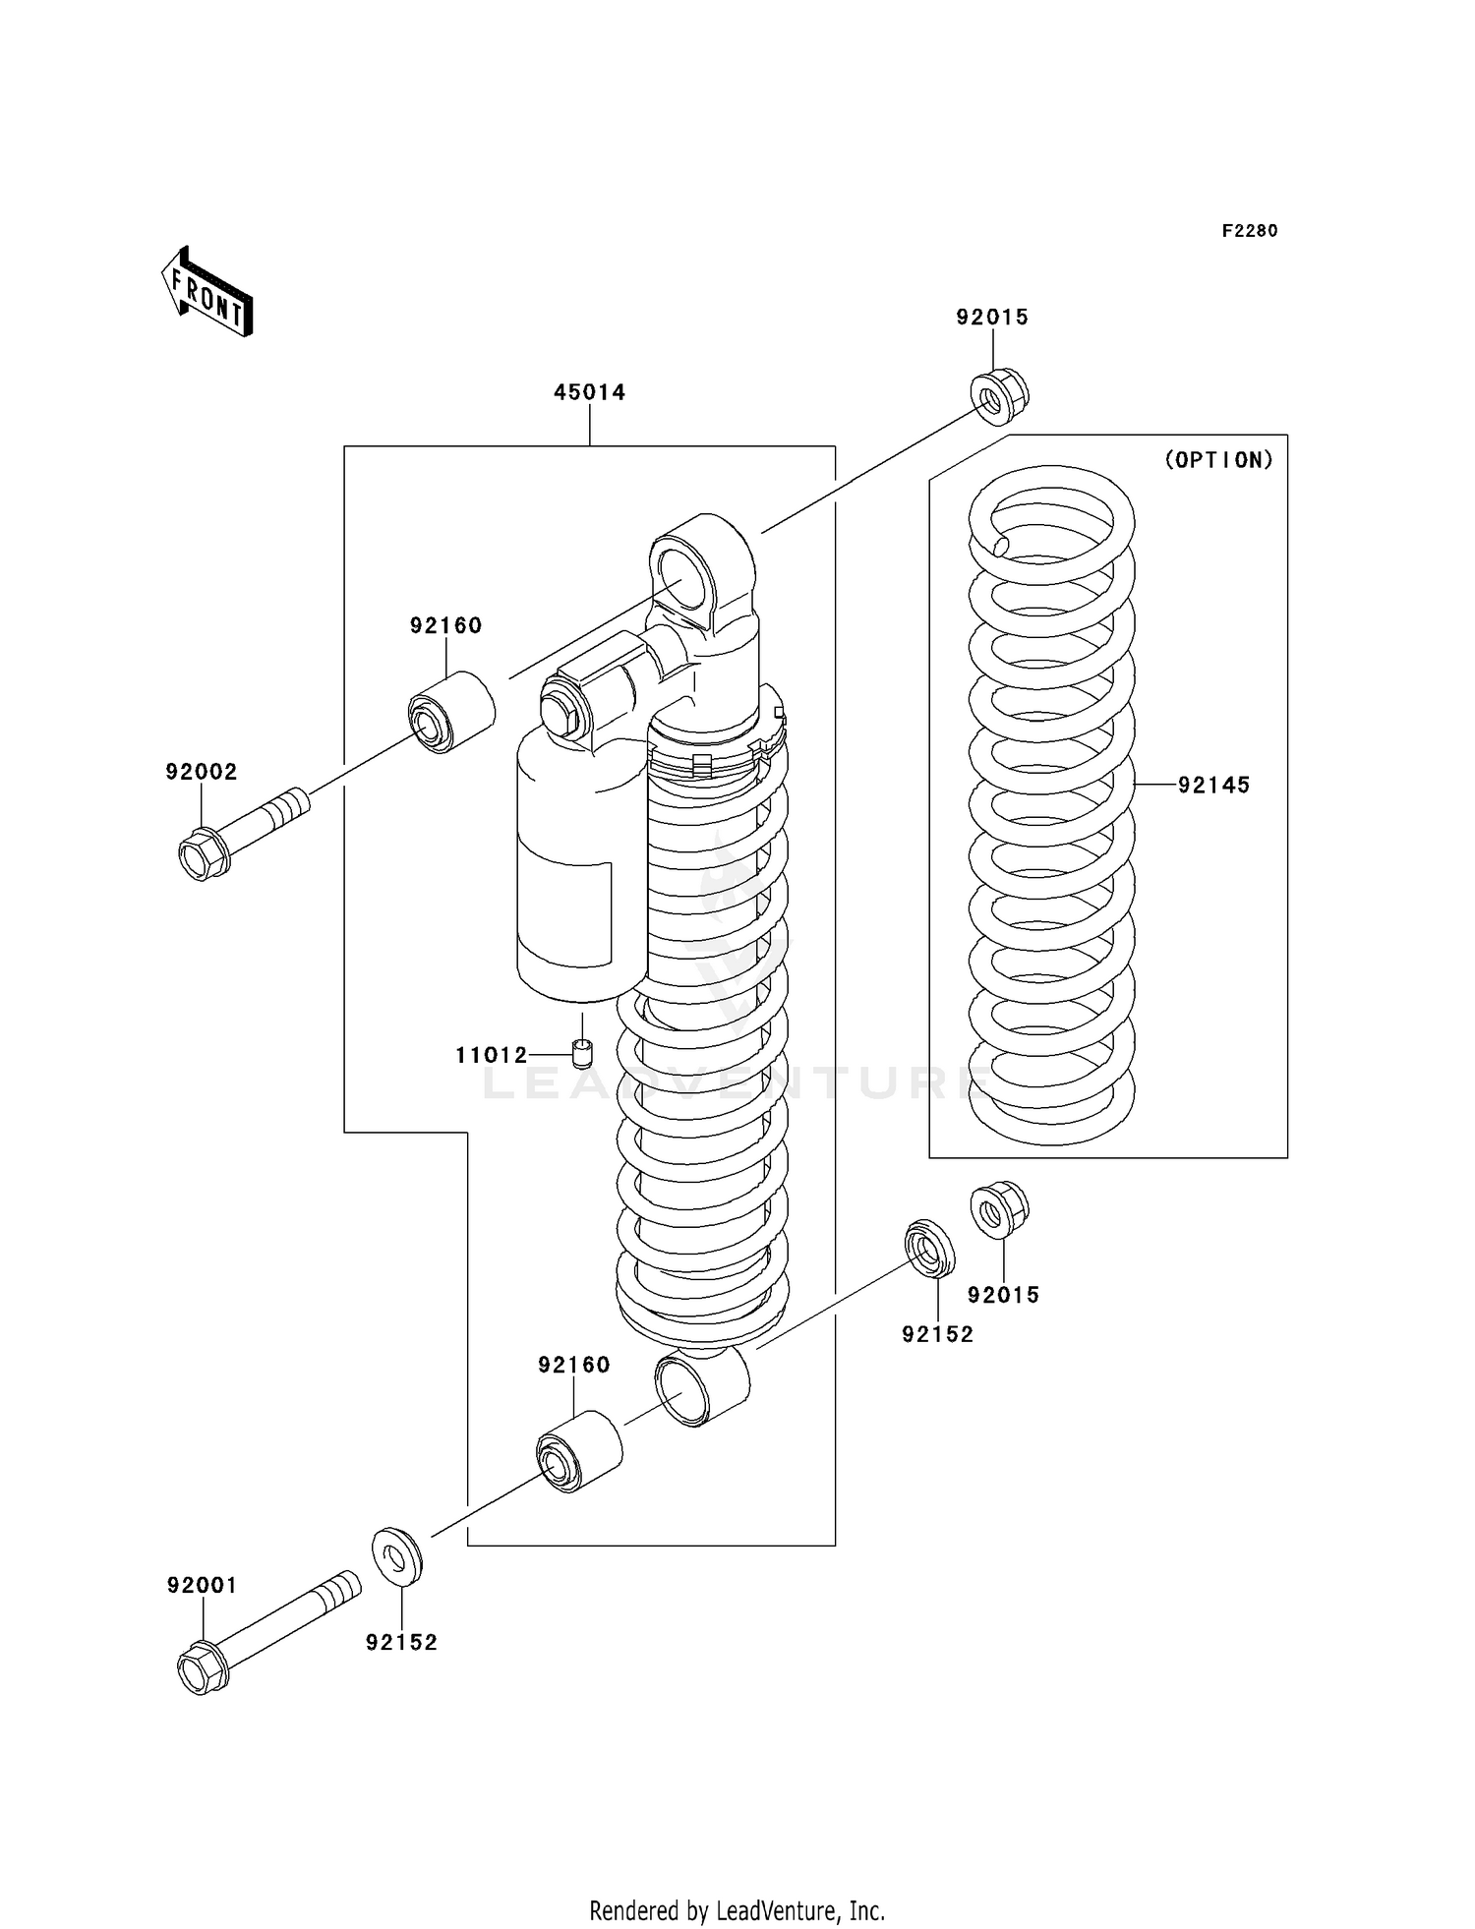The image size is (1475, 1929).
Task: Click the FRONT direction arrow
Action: point(207,292)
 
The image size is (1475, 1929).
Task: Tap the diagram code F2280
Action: point(1249,231)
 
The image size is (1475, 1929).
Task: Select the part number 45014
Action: point(589,392)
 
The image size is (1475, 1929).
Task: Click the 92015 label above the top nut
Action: point(992,317)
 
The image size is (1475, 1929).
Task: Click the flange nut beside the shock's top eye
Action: point(999,396)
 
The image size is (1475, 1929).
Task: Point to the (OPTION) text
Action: point(1218,459)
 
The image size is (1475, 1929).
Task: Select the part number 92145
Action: point(1213,785)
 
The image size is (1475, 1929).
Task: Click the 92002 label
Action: point(202,772)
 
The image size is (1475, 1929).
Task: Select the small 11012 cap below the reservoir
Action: point(583,1054)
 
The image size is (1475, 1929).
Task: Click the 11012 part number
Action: point(491,1055)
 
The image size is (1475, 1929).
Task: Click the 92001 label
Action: point(202,1585)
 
